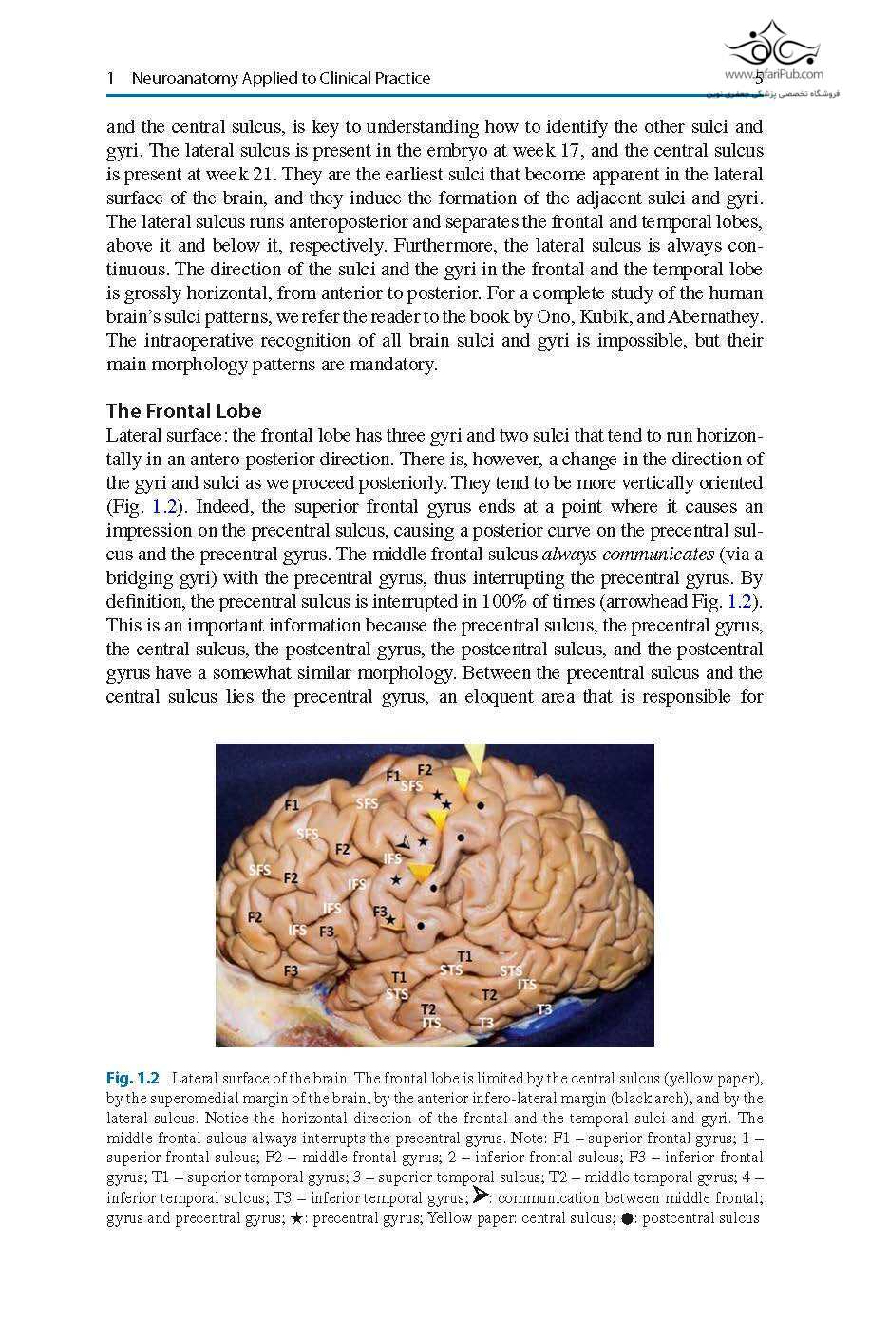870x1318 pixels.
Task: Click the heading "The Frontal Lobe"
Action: pyautogui.click(x=183, y=411)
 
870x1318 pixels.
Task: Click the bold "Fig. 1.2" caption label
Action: pyautogui.click(x=132, y=1078)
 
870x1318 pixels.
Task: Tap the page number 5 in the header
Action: pyautogui.click(x=758, y=78)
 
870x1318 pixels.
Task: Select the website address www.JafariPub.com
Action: pyautogui.click(x=773, y=73)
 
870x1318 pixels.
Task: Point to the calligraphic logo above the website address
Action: pyautogui.click(x=772, y=43)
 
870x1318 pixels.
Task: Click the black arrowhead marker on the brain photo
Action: pyautogui.click(x=406, y=843)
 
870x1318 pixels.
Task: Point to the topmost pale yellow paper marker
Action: pyautogui.click(x=476, y=758)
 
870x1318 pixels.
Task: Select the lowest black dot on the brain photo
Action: pyautogui.click(x=421, y=923)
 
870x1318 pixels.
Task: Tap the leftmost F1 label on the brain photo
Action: pyautogui.click(x=292, y=805)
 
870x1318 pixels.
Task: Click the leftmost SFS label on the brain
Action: pyautogui.click(x=259, y=870)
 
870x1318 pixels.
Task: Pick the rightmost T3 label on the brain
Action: pyautogui.click(x=544, y=1009)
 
